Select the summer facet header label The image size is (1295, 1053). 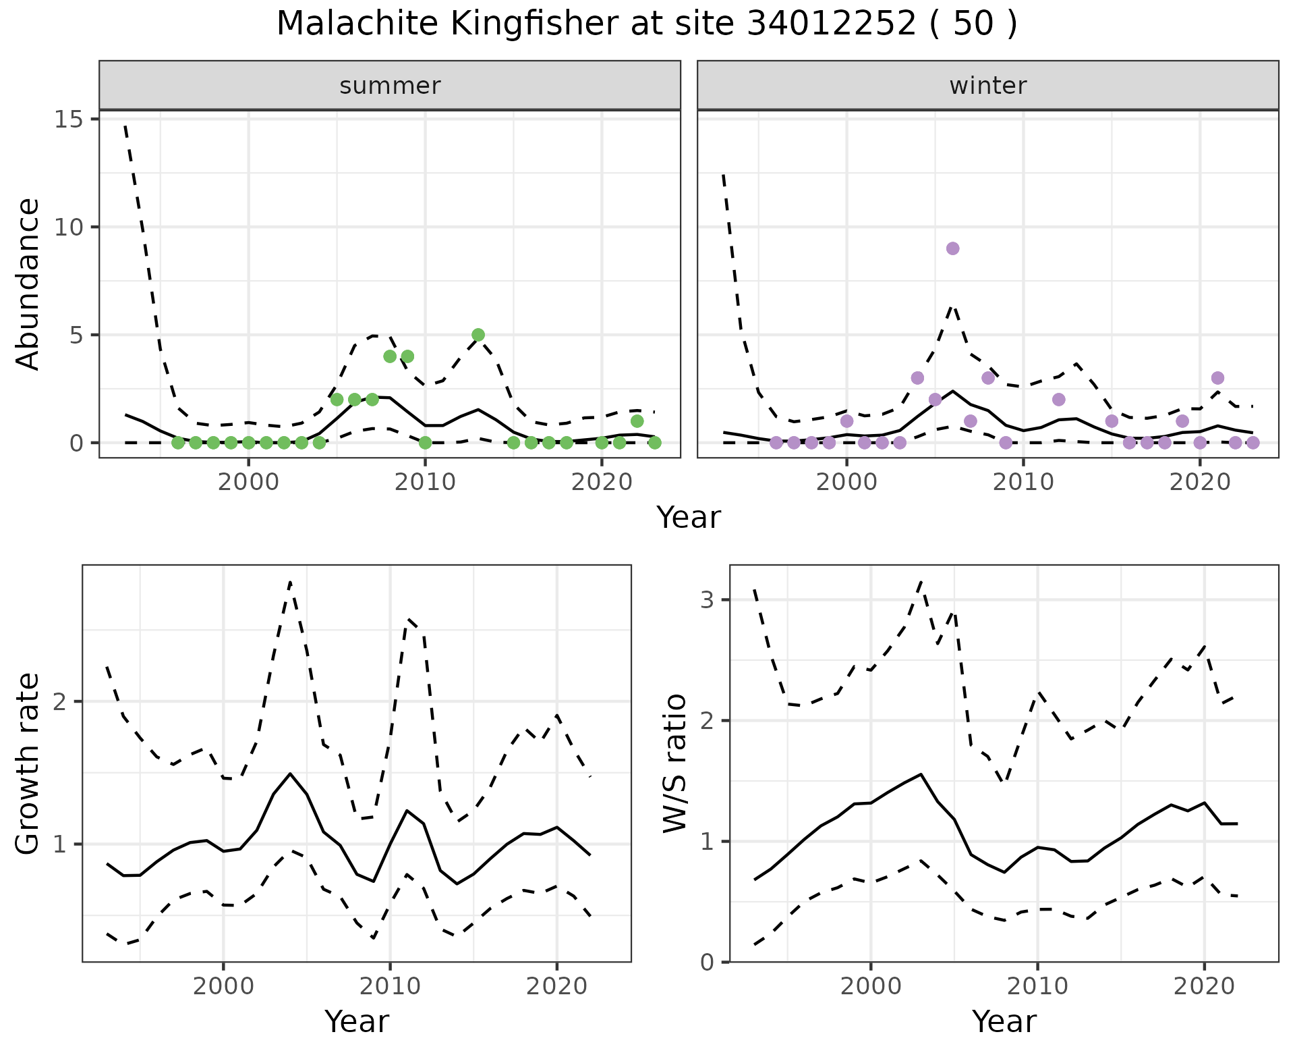click(390, 86)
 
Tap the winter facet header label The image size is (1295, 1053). click(987, 86)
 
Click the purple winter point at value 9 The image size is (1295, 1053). click(952, 248)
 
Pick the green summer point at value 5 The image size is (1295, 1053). click(478, 335)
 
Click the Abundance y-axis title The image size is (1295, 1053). click(28, 283)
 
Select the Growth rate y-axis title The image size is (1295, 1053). click(28, 763)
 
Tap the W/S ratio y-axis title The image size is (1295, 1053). click(675, 763)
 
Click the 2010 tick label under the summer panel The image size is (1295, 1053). click(425, 483)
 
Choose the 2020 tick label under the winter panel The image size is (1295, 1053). click(1200, 483)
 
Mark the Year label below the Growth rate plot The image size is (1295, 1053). click(357, 1021)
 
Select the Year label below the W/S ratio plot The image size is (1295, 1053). click(1004, 1021)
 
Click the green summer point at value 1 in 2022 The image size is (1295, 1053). click(637, 421)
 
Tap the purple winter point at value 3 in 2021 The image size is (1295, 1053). click(1217, 378)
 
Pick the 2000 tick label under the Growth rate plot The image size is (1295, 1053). click(223, 987)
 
